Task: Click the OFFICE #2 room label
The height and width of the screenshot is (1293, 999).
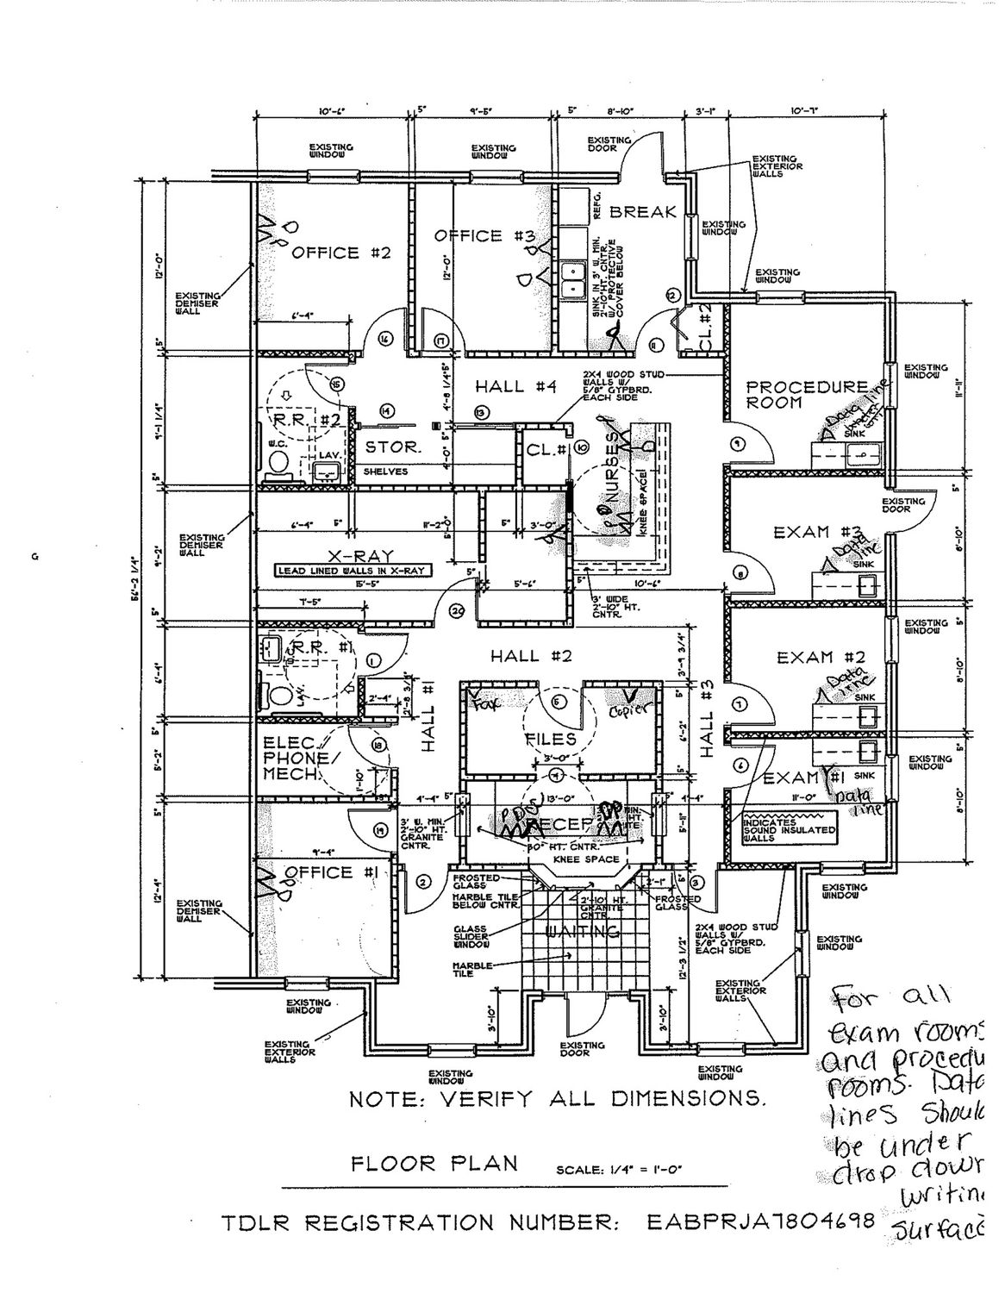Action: pyautogui.click(x=342, y=253)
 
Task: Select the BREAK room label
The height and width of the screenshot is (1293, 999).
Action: pyautogui.click(x=643, y=212)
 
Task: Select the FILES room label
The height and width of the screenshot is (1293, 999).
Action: pyautogui.click(x=551, y=739)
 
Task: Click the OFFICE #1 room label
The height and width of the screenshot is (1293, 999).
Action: pyautogui.click(x=328, y=872)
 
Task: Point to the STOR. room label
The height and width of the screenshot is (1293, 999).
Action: pyautogui.click(x=392, y=448)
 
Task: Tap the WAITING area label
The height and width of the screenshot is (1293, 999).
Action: pyautogui.click(x=584, y=932)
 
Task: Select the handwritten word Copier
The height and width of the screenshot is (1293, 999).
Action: pyautogui.click(x=628, y=712)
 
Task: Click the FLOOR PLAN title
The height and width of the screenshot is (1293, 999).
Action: pyautogui.click(x=434, y=1163)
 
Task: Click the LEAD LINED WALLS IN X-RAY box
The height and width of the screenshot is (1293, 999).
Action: pyautogui.click(x=353, y=571)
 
